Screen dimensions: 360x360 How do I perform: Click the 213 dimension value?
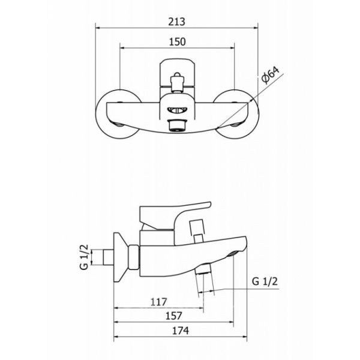coord(176,22)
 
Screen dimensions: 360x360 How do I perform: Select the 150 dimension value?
coord(177,42)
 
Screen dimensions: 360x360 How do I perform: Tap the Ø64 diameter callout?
coord(271,76)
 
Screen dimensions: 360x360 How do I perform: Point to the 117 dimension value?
coord(158,302)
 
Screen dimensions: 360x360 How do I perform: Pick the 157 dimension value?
coord(174,316)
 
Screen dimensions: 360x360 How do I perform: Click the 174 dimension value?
coord(181,331)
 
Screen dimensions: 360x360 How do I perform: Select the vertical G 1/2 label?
coord(84,257)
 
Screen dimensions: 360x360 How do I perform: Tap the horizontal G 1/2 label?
coord(265,281)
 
